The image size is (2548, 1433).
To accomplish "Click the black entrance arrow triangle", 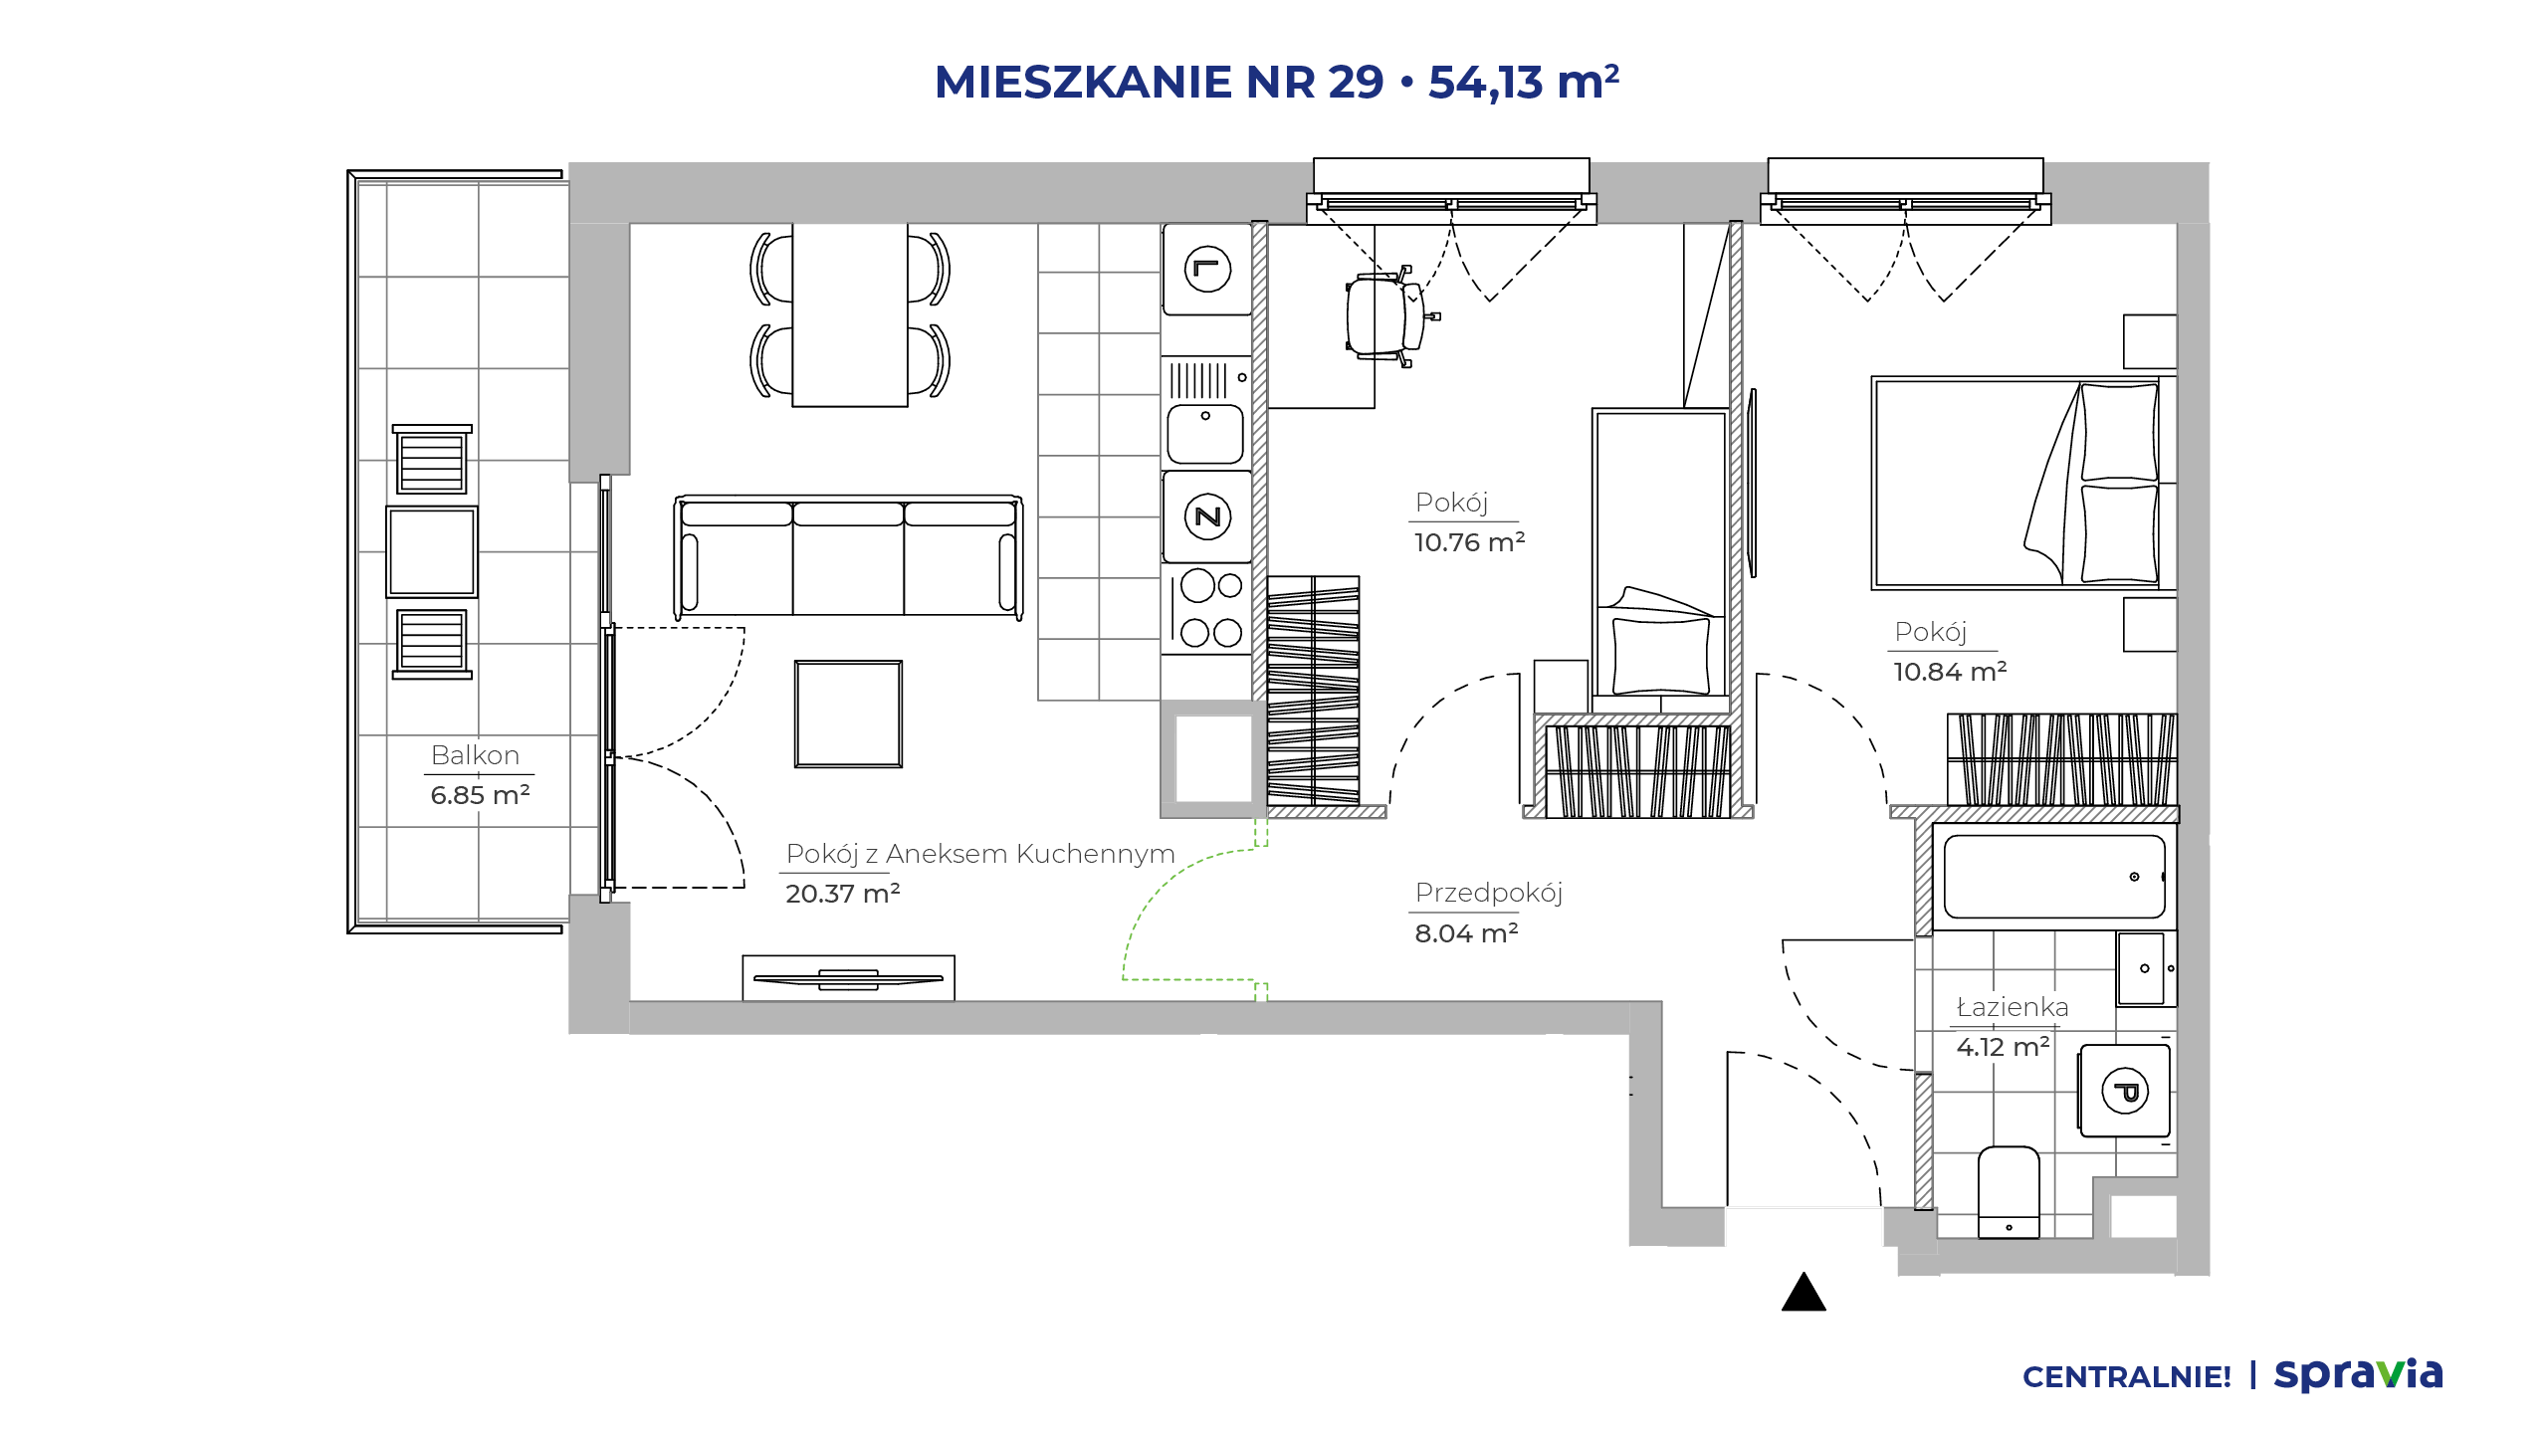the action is tap(1804, 1293).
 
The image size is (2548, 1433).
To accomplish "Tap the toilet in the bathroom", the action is tap(2009, 1192).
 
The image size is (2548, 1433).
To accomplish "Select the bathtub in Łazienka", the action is tap(2054, 877).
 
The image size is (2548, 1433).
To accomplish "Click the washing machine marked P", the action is tap(2125, 1091).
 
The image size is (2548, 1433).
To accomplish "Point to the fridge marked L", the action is tap(1207, 269).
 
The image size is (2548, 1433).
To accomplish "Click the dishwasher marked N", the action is tap(1207, 516).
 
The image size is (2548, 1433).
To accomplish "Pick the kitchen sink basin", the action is tap(1205, 434).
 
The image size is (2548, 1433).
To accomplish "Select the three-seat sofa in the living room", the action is tap(848, 556).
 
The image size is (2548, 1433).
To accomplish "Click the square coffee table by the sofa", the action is tap(848, 714).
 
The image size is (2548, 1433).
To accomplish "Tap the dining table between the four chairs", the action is tap(850, 314).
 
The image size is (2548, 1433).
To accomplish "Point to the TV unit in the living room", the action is tap(848, 978).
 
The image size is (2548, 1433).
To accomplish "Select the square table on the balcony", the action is tap(432, 551).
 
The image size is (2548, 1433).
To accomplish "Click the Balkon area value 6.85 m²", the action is tap(480, 795).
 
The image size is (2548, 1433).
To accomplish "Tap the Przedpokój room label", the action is tap(1489, 893).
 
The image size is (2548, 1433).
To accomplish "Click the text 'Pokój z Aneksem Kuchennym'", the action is tap(980, 854).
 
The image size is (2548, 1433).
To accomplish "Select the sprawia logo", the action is tap(2358, 1374).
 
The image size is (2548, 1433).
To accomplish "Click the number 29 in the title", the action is tap(1356, 82).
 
